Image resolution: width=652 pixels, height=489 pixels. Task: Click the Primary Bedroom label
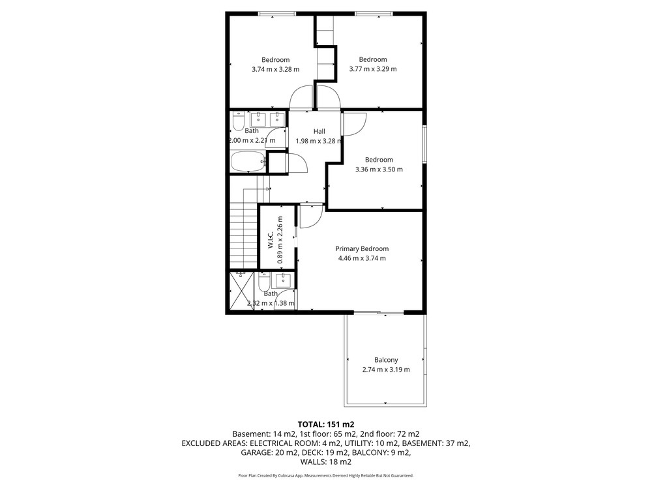click(x=362, y=248)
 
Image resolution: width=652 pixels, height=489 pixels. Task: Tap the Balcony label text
click(x=386, y=360)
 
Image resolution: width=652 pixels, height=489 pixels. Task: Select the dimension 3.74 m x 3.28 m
click(x=275, y=70)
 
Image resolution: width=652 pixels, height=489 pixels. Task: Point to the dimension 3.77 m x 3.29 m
click(x=373, y=69)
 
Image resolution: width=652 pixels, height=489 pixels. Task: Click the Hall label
click(x=319, y=132)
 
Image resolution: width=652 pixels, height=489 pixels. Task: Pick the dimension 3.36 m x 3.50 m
click(x=379, y=170)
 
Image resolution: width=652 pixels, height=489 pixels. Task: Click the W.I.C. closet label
click(x=271, y=240)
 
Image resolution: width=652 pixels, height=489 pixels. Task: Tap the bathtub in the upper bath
click(x=248, y=161)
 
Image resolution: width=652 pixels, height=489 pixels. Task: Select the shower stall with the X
click(x=242, y=291)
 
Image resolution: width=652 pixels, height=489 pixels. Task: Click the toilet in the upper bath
click(x=239, y=121)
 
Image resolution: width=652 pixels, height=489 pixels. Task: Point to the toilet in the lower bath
click(x=264, y=282)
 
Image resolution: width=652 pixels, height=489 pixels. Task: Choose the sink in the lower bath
click(x=284, y=280)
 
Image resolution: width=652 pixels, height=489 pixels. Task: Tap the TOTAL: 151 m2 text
click(x=326, y=424)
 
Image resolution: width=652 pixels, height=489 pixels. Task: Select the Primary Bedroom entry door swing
click(x=311, y=216)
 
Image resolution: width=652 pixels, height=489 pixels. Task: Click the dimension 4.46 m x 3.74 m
click(x=362, y=258)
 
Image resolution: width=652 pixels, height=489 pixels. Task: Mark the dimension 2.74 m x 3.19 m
click(x=386, y=370)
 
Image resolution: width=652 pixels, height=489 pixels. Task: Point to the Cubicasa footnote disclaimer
click(x=326, y=475)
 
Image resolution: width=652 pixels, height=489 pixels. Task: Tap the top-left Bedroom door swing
click(x=301, y=97)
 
